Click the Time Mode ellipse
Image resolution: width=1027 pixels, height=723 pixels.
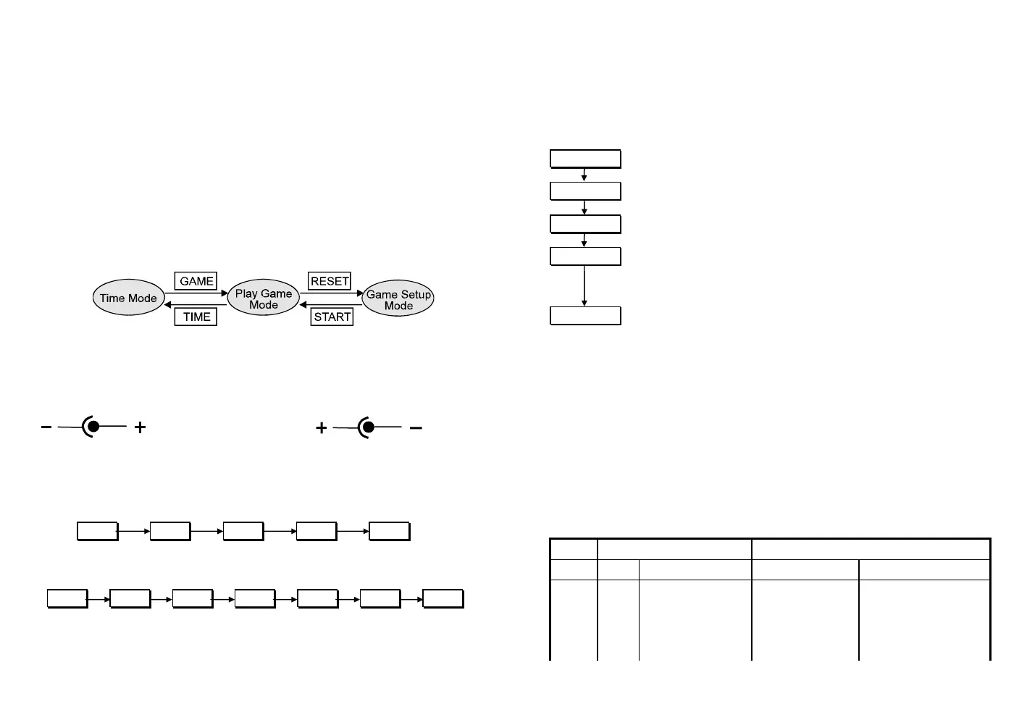(x=128, y=298)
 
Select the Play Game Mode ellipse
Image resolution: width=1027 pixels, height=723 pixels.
(x=264, y=298)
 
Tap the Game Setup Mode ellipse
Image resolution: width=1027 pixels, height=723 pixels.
(x=398, y=299)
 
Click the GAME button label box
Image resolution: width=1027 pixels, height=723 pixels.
(x=196, y=281)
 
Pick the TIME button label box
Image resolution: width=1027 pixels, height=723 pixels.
(x=196, y=317)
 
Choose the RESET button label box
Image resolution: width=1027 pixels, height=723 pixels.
(x=330, y=281)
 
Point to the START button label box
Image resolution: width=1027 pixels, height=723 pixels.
(x=332, y=317)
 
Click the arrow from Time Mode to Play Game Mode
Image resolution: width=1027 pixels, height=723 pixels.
(x=196, y=293)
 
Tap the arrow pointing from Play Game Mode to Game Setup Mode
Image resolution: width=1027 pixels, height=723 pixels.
(x=330, y=293)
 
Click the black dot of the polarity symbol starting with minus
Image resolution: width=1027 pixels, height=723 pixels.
(x=93, y=427)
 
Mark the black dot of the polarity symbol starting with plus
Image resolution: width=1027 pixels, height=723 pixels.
(x=369, y=427)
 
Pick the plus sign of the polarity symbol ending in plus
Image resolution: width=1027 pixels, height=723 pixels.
(x=141, y=427)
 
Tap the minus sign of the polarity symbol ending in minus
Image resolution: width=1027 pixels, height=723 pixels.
(x=416, y=428)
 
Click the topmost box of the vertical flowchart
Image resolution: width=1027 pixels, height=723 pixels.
(x=585, y=159)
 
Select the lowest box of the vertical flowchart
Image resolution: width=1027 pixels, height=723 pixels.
(x=585, y=316)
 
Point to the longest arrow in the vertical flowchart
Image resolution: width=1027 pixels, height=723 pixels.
(x=584, y=285)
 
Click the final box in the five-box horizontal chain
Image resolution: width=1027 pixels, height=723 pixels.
(x=389, y=531)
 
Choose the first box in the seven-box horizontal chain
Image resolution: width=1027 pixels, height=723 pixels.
(x=67, y=598)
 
